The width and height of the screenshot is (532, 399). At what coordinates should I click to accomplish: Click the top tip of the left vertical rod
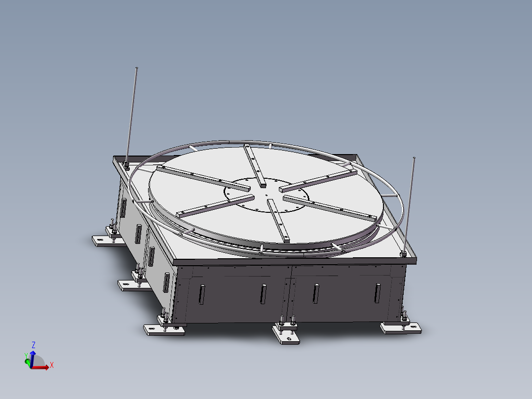pos(136,68)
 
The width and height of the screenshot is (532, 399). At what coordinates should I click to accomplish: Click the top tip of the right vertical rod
pos(414,158)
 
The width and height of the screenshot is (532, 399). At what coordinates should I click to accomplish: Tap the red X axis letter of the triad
pos(51,365)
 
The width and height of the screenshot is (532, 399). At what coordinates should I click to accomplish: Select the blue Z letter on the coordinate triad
pos(33,344)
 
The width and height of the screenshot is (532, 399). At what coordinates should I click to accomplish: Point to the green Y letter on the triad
pos(26,355)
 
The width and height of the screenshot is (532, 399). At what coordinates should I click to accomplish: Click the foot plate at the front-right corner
pos(400,328)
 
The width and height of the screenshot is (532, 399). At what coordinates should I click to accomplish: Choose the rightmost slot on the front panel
pos(378,293)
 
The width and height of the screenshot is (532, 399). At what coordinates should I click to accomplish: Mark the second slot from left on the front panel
pos(263,294)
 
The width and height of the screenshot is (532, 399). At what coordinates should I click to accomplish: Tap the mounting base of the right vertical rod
pos(403,254)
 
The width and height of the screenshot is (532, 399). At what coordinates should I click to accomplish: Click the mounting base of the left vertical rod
pos(127,165)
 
